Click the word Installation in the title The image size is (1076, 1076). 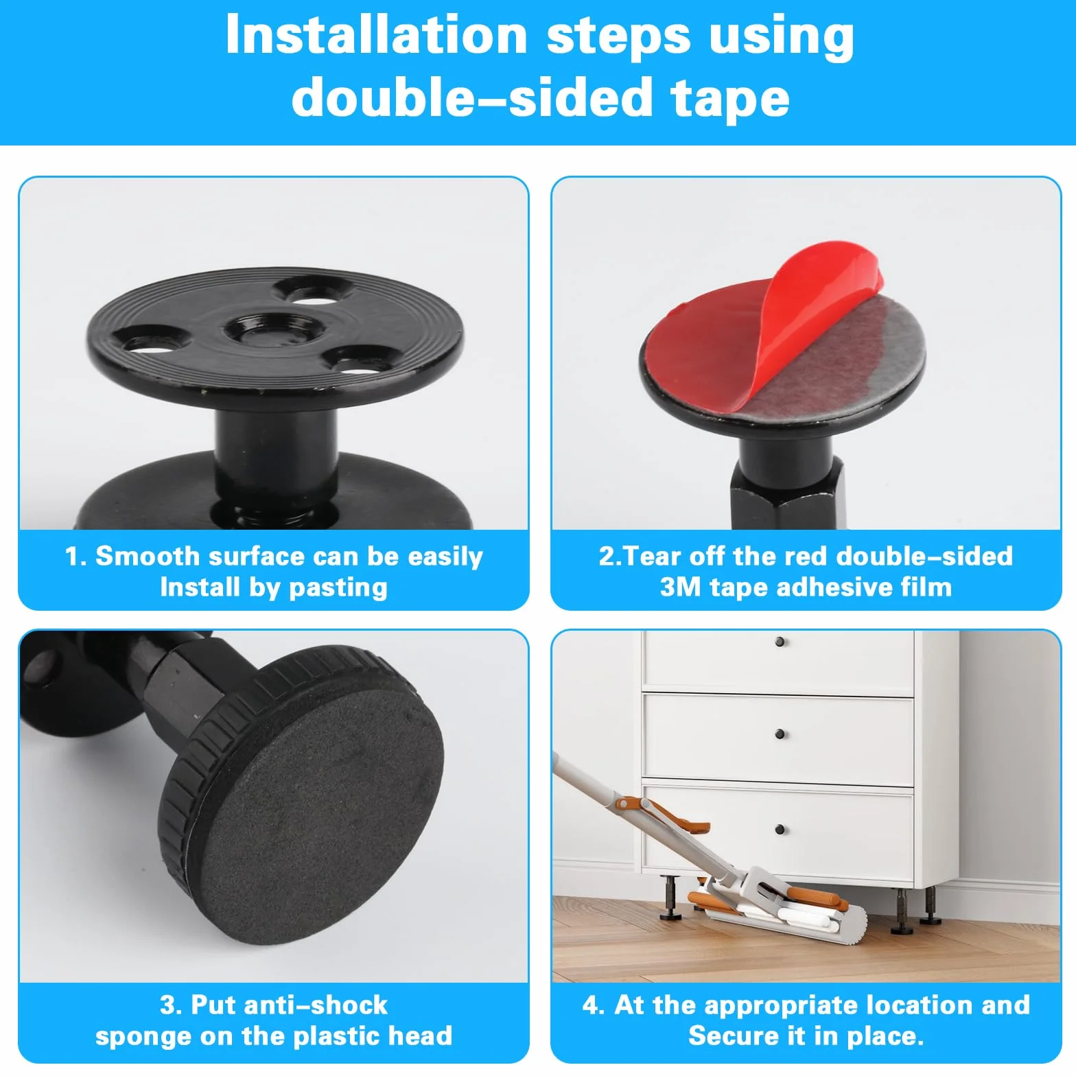tap(376, 34)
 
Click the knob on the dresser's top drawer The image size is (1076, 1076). tap(780, 642)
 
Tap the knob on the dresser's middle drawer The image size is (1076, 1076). tap(780, 735)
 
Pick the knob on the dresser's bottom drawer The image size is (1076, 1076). tap(780, 830)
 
